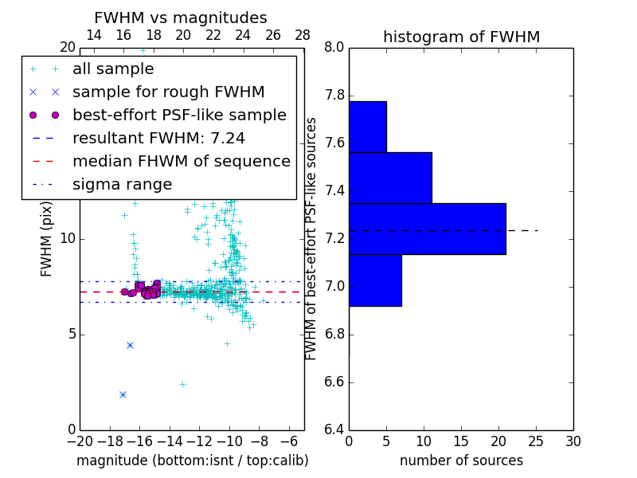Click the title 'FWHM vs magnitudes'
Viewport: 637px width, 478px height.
click(180, 18)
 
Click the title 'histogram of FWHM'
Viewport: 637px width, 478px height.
click(461, 37)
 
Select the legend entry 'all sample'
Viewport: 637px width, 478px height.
click(113, 69)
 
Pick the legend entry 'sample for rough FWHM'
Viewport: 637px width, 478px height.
click(168, 92)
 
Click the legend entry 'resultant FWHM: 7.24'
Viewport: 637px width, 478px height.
click(158, 139)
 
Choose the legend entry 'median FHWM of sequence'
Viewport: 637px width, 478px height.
click(181, 162)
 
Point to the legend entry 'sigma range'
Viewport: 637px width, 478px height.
click(122, 185)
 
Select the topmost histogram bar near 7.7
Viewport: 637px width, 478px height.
click(367, 127)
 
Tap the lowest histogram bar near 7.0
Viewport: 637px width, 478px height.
click(375, 280)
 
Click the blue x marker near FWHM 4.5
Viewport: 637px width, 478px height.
click(130, 345)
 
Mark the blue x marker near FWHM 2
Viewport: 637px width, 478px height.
click(123, 394)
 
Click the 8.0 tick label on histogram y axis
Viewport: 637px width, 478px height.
click(334, 48)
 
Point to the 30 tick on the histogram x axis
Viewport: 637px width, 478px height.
click(573, 441)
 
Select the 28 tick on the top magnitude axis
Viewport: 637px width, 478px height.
click(303, 35)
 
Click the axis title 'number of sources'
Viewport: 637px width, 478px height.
click(461, 460)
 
